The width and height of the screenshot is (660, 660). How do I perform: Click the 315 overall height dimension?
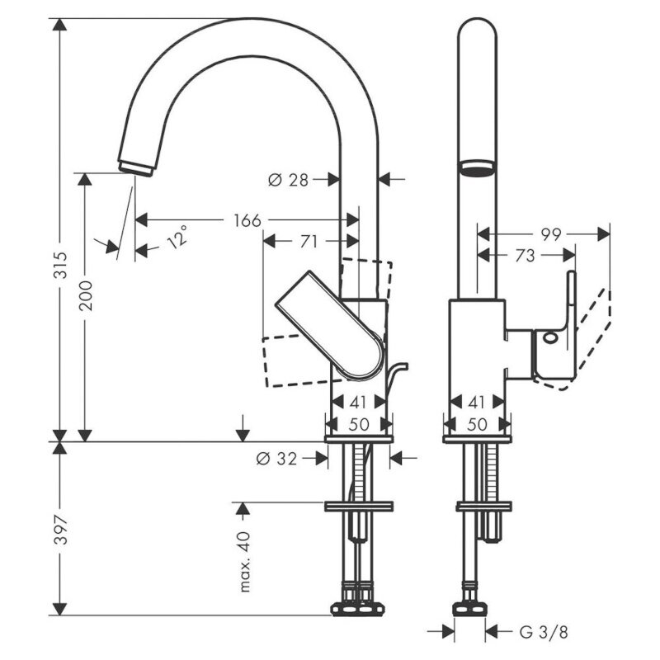[x=61, y=265]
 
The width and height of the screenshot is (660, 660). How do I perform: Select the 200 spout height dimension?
[x=86, y=295]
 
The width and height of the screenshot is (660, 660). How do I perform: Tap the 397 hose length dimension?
[x=61, y=530]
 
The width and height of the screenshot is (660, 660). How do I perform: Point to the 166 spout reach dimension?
[x=247, y=220]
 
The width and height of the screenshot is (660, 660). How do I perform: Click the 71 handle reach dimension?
[x=309, y=242]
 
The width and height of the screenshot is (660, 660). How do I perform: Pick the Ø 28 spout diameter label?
[x=288, y=180]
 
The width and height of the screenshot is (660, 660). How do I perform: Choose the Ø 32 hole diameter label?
[x=276, y=459]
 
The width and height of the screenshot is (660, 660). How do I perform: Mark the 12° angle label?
[x=177, y=237]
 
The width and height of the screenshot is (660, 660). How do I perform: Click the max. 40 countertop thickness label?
[x=244, y=562]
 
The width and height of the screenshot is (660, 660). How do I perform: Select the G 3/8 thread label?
[x=544, y=632]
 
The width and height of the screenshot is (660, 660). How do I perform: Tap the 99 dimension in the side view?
[x=551, y=234]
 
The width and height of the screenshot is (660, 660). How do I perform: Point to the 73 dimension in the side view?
[x=525, y=256]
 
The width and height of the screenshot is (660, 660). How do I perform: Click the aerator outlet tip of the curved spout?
[x=135, y=169]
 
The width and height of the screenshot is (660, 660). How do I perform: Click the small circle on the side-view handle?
[x=550, y=337]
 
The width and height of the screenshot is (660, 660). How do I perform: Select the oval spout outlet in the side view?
[x=478, y=168]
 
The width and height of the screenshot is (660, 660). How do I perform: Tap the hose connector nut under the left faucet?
[x=358, y=609]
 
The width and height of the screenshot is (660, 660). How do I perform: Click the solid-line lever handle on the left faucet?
[x=330, y=325]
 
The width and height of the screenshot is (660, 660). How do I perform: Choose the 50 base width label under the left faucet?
[x=359, y=424]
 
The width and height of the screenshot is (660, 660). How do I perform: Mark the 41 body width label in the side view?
[x=477, y=403]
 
